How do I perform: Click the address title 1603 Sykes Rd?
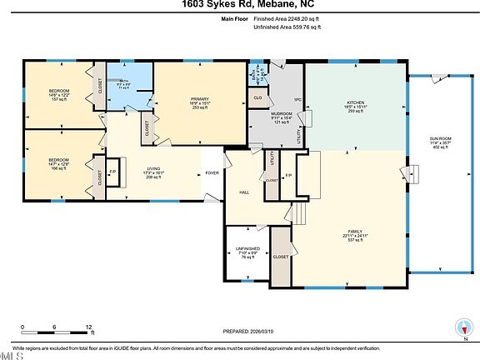coord(239,4)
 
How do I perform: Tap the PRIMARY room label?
coord(199,98)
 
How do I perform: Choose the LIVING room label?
coord(153,169)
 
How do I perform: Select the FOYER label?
coord(213,173)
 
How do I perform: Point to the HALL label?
coord(244,192)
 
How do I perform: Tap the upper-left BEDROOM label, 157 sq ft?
coord(58,90)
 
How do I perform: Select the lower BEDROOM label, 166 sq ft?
coord(58,159)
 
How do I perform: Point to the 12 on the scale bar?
coord(88,327)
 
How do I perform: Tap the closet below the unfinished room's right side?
coord(281,257)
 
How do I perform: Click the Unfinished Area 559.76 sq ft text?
coord(286,27)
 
